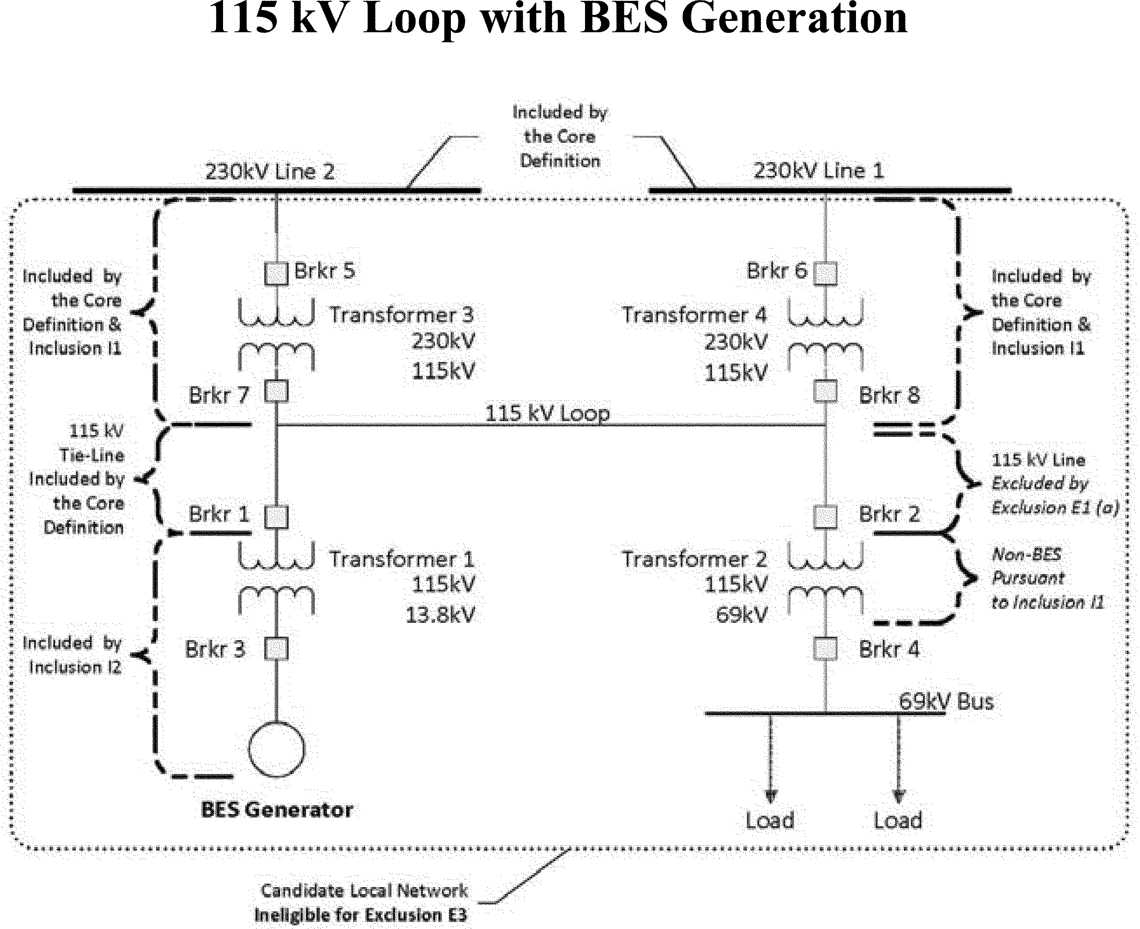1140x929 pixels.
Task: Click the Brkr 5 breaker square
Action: tap(276, 274)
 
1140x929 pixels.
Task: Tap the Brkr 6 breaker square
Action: tap(825, 274)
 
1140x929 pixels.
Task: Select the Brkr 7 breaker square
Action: tap(276, 391)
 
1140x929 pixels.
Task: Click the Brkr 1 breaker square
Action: tap(276, 517)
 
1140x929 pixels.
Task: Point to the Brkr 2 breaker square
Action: tap(825, 517)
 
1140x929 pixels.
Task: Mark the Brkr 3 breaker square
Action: tap(276, 649)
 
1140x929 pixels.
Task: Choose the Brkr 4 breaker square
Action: tap(825, 649)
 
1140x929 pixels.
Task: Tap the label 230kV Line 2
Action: tap(270, 172)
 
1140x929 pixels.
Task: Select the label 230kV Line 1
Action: tap(819, 171)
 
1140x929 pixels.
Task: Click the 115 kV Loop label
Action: tap(547, 413)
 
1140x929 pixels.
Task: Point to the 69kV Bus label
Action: tap(946, 701)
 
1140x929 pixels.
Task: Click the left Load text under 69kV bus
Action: tap(770, 821)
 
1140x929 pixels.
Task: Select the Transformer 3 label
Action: tap(401, 314)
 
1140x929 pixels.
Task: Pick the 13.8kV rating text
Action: tap(440, 615)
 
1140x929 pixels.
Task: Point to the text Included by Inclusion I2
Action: tap(72, 655)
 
